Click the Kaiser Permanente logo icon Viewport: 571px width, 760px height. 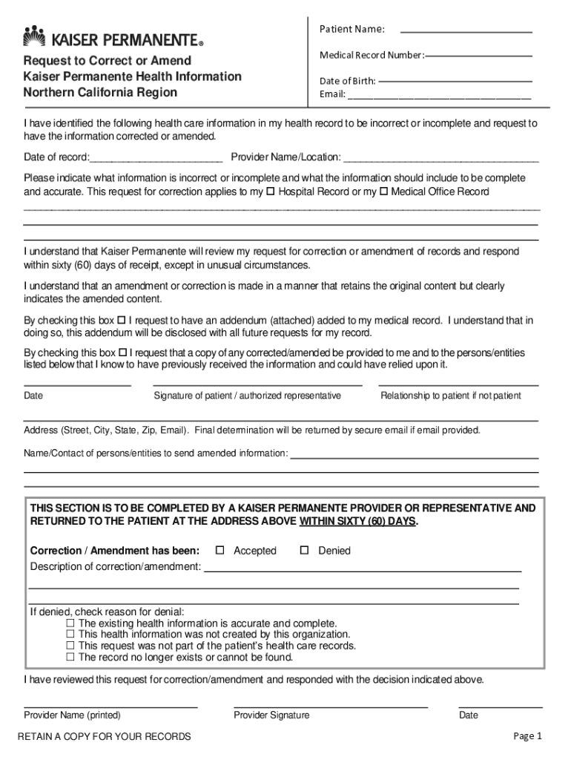(35, 35)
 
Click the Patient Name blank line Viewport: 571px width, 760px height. (466, 32)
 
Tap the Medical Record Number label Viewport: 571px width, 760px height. (372, 56)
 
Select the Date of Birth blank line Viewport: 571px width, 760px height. (455, 80)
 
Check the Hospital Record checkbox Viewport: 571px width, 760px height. (271, 191)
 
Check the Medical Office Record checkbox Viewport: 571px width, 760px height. (383, 191)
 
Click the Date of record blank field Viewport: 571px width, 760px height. (156, 160)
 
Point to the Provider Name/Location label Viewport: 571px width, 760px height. (286, 157)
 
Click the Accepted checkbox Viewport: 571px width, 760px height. (220, 550)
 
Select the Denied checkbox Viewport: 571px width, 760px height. (304, 550)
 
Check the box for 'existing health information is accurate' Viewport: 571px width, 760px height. (71, 623)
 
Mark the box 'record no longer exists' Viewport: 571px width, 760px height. (71, 657)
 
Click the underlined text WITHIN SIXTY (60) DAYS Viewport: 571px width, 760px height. (357, 522)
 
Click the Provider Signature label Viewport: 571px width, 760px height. (271, 715)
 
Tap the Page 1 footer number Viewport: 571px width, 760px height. (528, 736)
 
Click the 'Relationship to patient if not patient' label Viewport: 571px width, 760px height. (450, 396)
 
